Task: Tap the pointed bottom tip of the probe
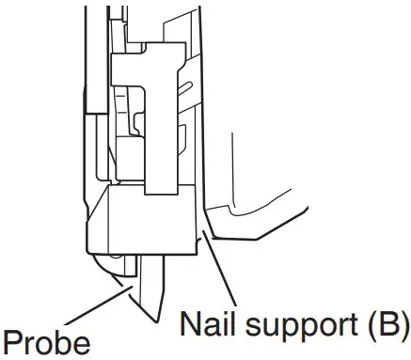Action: (x=156, y=317)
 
